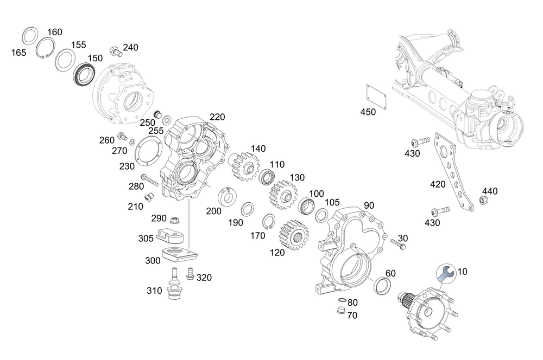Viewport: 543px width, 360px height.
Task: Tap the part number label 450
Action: [x=368, y=112]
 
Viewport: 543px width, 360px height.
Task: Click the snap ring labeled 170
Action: [x=269, y=222]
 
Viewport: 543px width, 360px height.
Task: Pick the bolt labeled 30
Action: [x=399, y=246]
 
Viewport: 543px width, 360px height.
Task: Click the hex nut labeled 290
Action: [x=175, y=220]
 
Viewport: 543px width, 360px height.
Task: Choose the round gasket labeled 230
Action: [x=146, y=150]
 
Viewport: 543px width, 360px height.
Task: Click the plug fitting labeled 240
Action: [x=115, y=52]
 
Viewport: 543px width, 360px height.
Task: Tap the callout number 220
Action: [x=217, y=117]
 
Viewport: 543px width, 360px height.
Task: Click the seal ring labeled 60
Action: [x=385, y=285]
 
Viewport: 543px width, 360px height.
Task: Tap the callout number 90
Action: [x=369, y=205]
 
